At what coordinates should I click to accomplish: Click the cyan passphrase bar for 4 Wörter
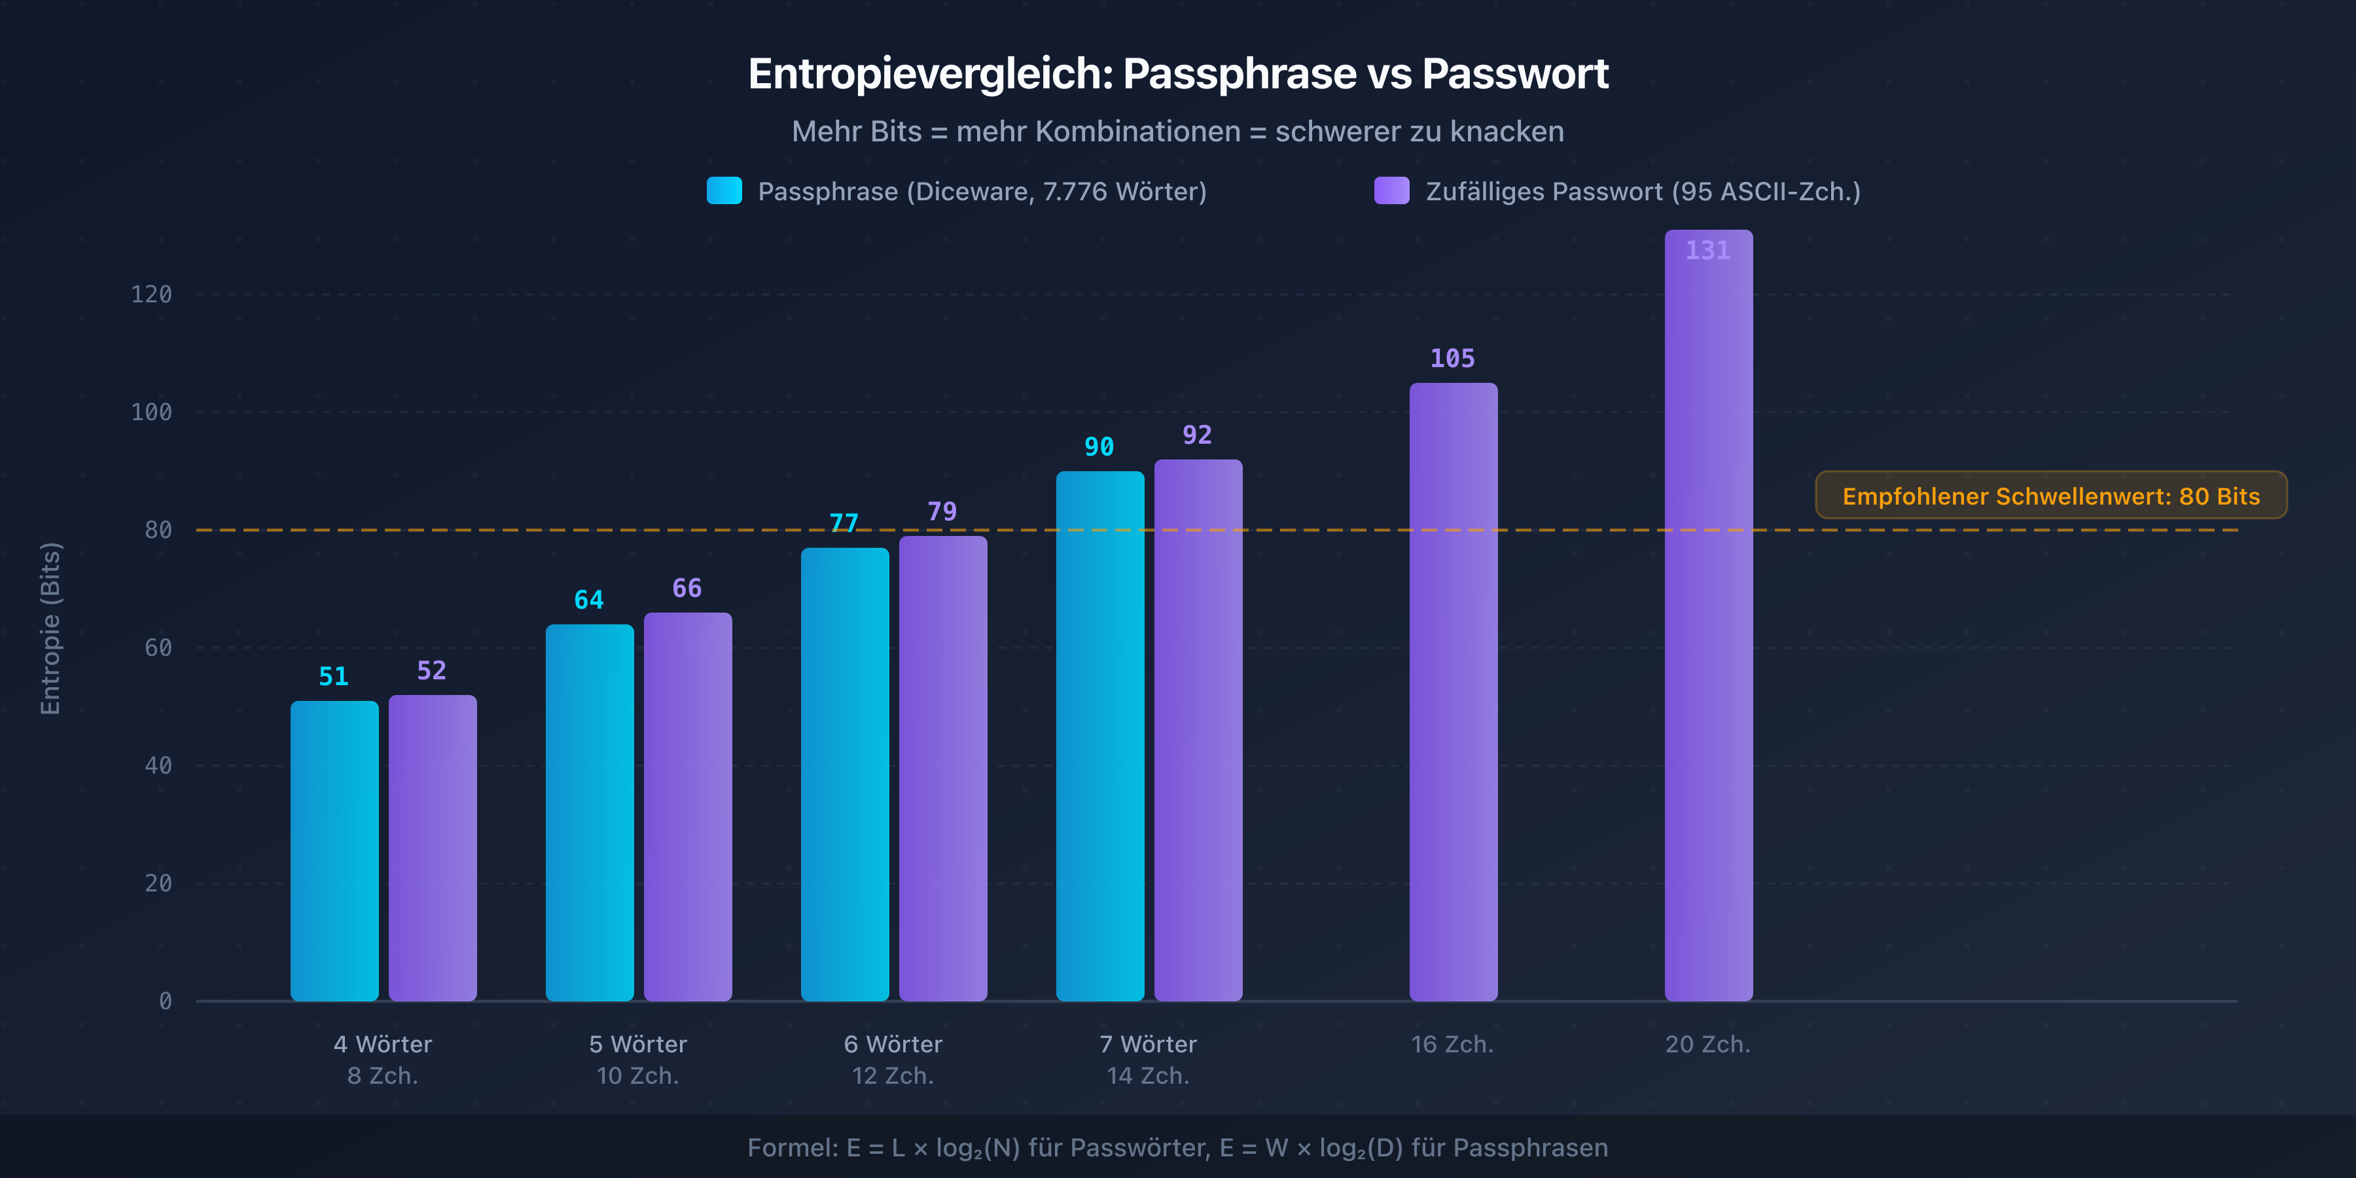pos(334,851)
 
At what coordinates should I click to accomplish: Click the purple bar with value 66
pos(687,806)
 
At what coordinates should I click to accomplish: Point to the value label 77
pos(844,523)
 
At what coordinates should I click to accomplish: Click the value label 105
pos(1452,359)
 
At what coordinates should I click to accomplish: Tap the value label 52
pos(432,670)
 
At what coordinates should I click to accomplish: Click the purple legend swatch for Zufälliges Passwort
pos(1391,190)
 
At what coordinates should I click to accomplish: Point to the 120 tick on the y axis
pos(151,294)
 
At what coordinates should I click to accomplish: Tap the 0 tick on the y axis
pos(165,1001)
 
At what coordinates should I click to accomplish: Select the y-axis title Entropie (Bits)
pos(50,628)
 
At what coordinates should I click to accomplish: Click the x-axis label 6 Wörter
pos(893,1044)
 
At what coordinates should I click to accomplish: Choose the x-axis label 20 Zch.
pos(1707,1044)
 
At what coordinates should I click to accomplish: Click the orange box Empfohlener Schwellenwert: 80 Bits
pos(2050,495)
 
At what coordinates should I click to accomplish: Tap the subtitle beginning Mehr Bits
pos(1177,132)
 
